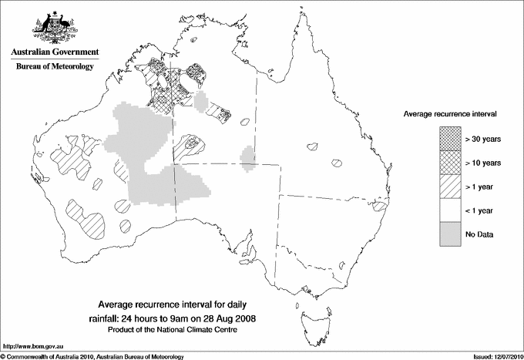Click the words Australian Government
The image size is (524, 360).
(55, 52)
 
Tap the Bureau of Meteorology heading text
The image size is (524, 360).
(55, 66)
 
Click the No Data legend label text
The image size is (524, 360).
(480, 234)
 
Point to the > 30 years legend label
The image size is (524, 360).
(483, 139)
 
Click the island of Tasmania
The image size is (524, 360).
(314, 316)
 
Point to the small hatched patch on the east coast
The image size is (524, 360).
(379, 207)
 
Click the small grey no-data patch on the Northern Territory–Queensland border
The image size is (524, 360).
(248, 156)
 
